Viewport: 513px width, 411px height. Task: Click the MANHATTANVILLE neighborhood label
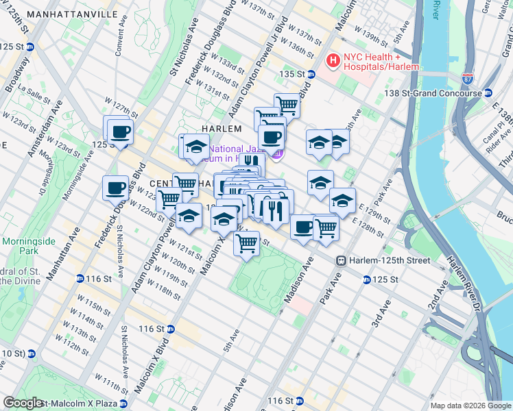(59, 14)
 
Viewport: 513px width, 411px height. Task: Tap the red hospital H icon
(333, 62)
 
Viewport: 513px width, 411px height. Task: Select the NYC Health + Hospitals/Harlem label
(382, 62)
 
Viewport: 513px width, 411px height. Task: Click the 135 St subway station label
(291, 74)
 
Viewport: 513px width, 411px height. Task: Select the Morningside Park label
(23, 247)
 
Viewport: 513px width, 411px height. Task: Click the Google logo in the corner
(23, 403)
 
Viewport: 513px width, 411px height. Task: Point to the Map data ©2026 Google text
(470, 406)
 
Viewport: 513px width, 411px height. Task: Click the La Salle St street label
(32, 89)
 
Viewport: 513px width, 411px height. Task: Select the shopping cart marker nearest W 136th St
(287, 105)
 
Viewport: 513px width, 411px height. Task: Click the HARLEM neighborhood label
(221, 129)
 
